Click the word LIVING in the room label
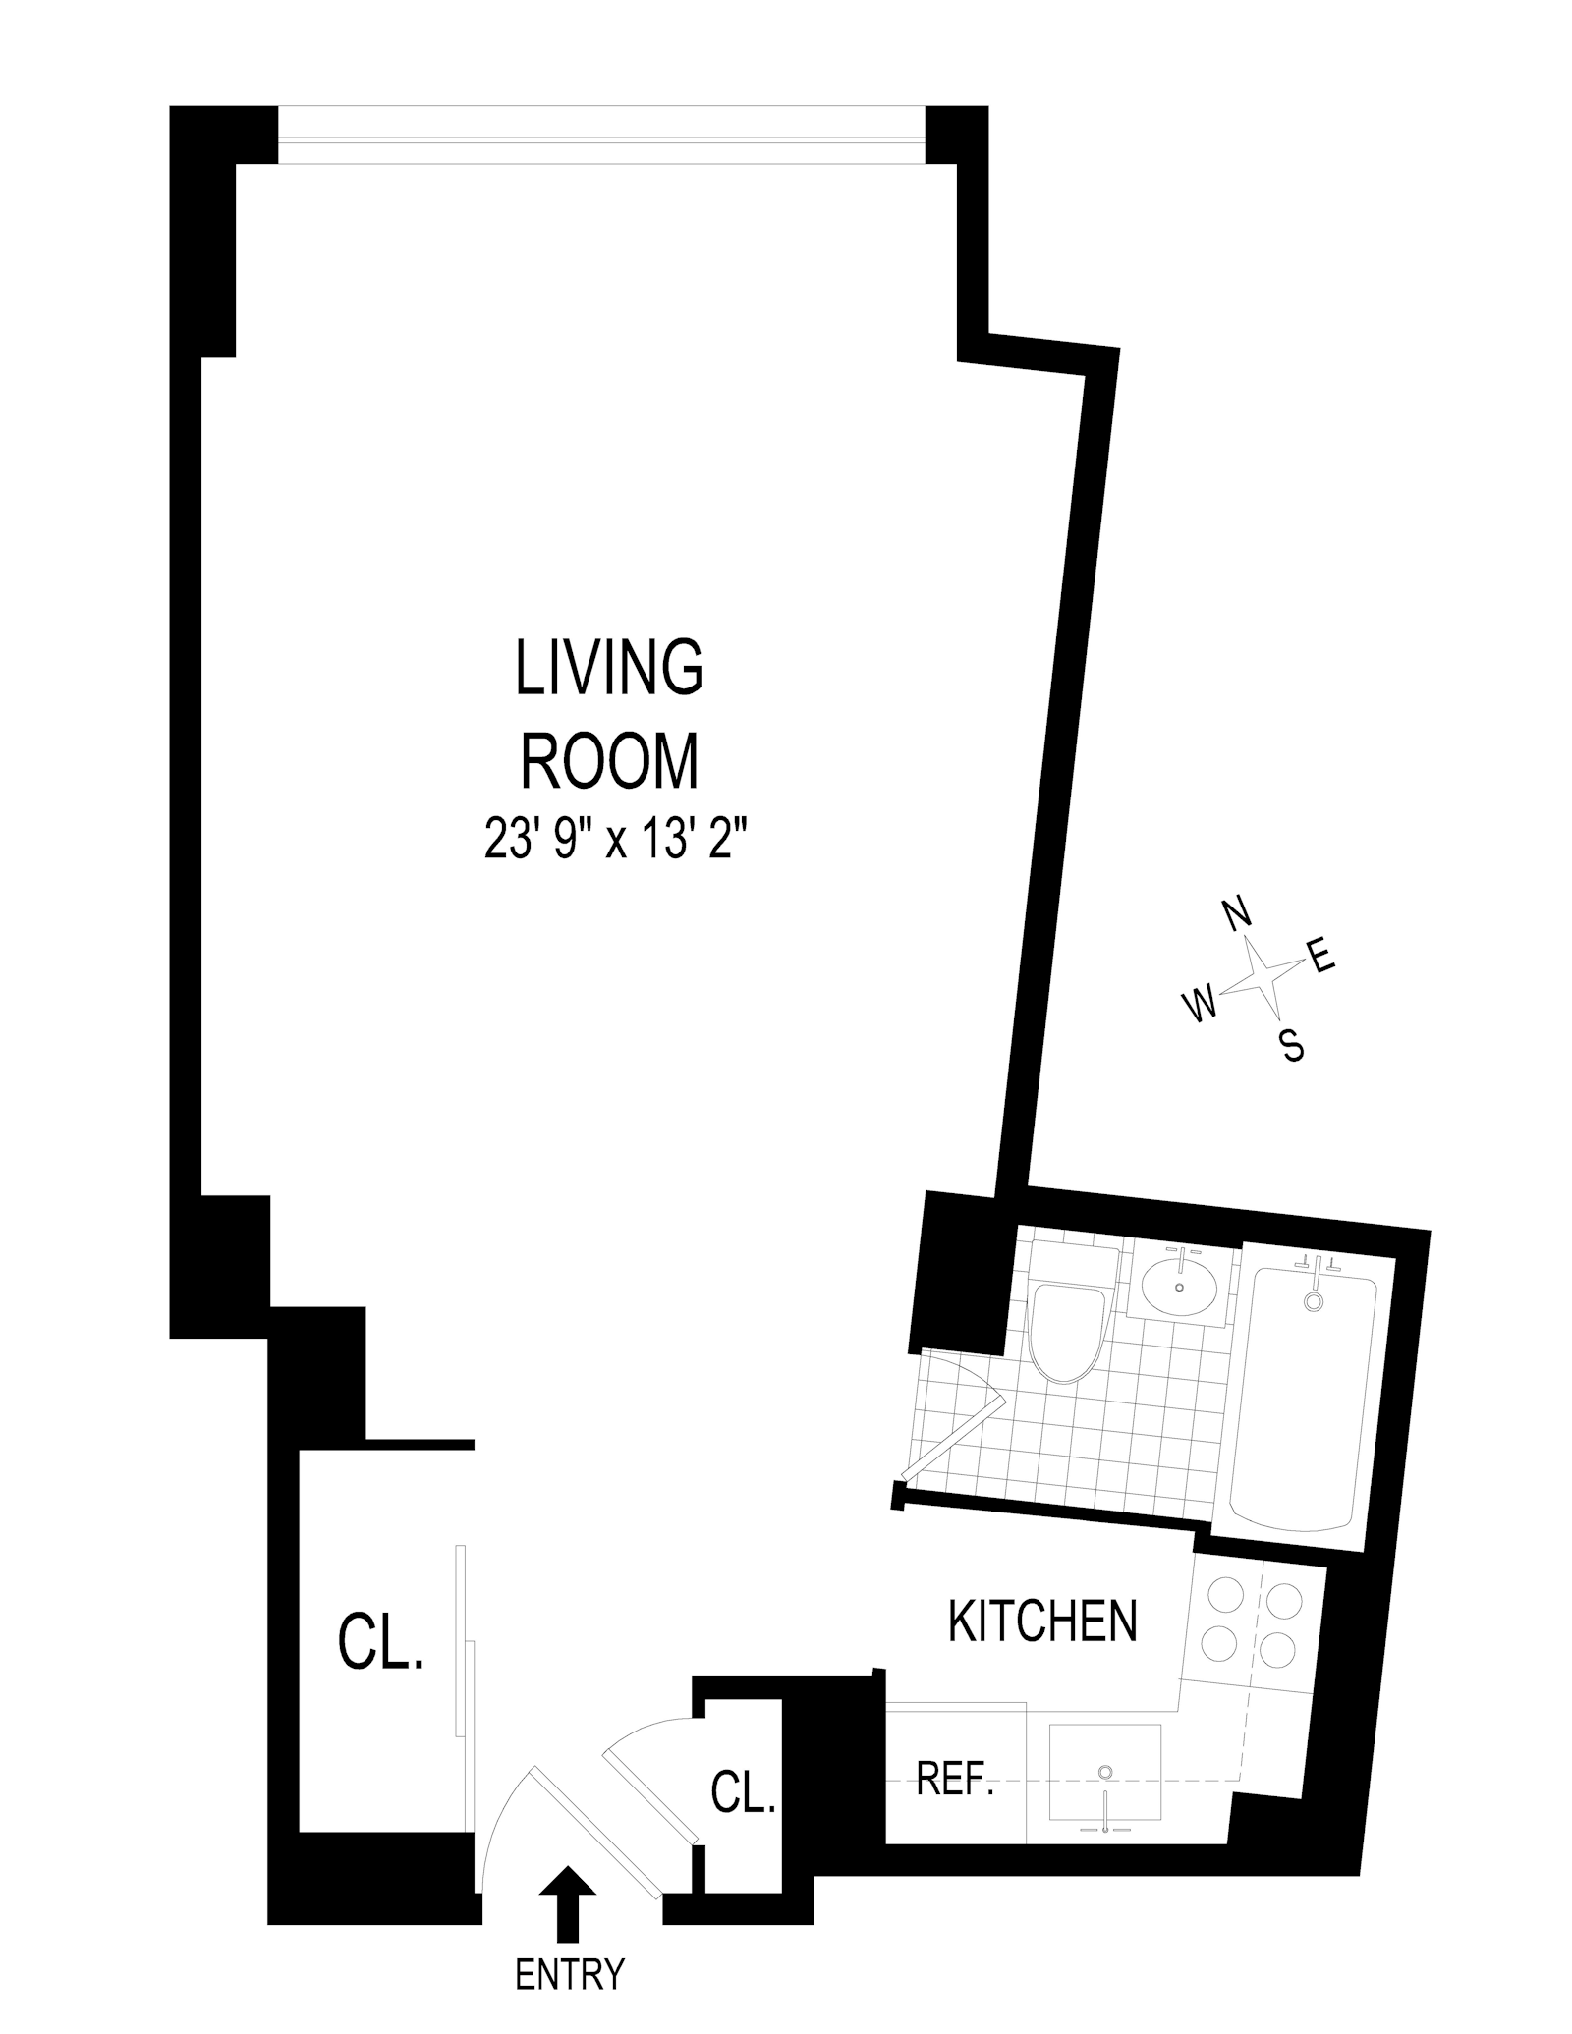[x=609, y=668]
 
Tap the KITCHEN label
[x=1042, y=1621]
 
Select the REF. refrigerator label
[x=955, y=1779]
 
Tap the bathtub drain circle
[x=1314, y=1302]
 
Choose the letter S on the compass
[x=1293, y=1045]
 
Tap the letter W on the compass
[x=1200, y=1004]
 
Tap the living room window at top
[x=601, y=136]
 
